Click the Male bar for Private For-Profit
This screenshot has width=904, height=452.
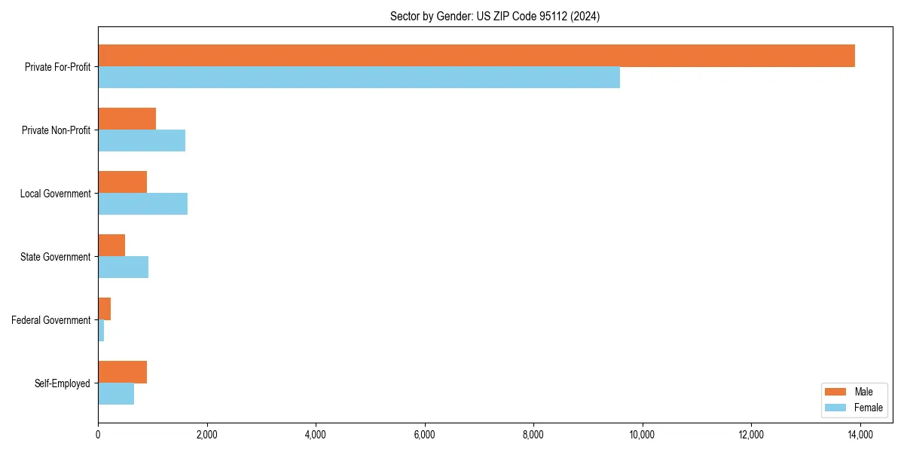476,56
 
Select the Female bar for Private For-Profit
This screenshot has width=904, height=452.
359,78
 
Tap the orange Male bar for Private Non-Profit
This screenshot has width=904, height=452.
127,119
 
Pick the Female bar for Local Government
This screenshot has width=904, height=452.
142,204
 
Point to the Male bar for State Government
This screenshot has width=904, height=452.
111,246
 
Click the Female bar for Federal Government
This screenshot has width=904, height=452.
101,331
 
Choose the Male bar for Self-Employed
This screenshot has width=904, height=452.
122,372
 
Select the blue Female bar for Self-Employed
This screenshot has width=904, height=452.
116,394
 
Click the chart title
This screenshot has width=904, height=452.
495,16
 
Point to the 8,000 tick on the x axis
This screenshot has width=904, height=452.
533,435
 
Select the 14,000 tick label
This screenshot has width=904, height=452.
860,435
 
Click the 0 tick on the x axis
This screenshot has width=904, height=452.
98,435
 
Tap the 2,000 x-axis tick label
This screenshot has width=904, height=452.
206,435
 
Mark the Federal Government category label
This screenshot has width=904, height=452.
51,320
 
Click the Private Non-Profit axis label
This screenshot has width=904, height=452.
56,130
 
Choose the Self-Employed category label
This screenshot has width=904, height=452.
62,383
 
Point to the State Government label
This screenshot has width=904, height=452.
55,257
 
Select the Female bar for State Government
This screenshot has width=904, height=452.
123,267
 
